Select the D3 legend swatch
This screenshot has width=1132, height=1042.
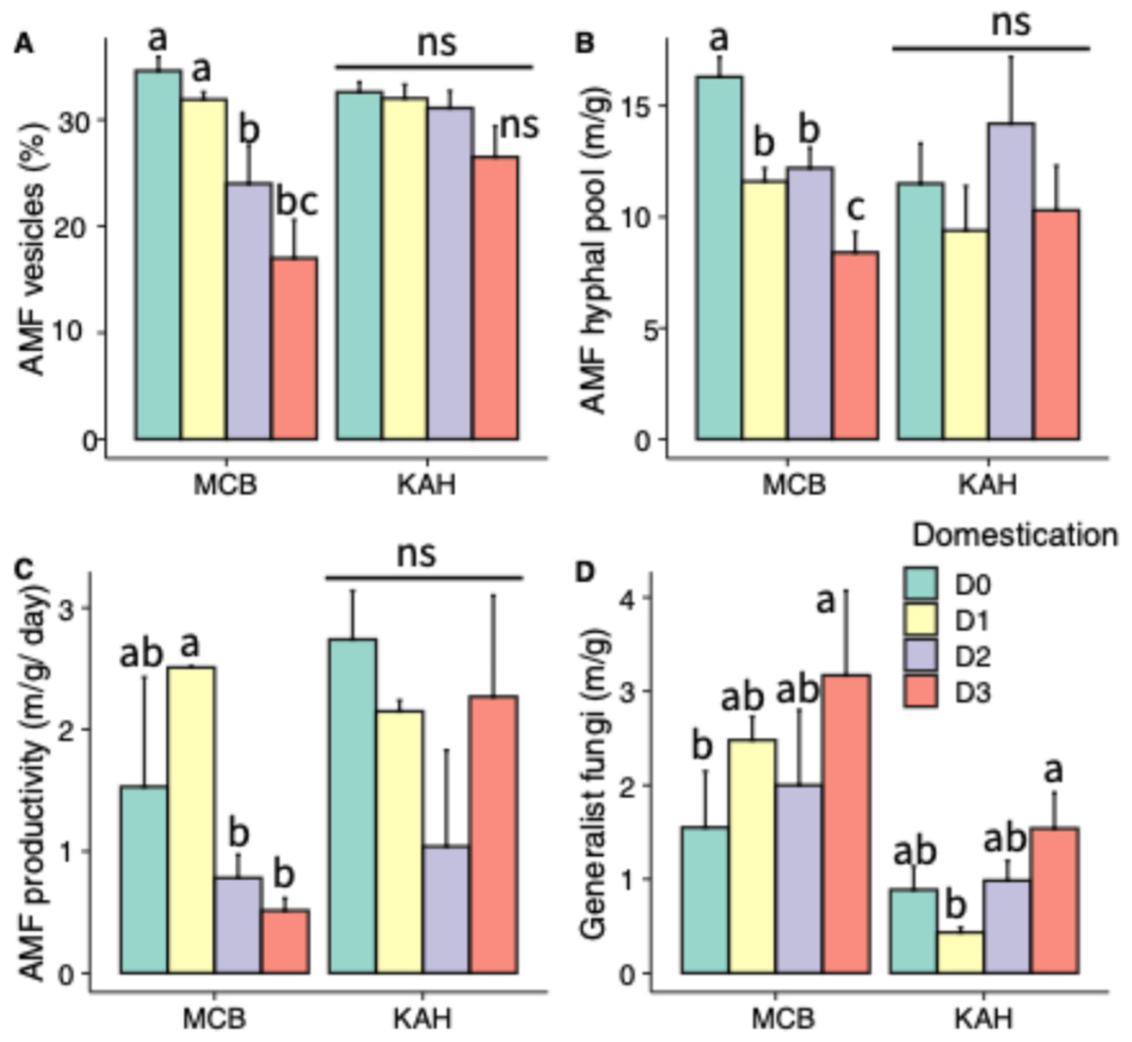pyautogui.click(x=921, y=691)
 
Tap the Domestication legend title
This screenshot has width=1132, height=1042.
pyautogui.click(x=1015, y=534)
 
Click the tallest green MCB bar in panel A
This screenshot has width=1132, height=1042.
pyautogui.click(x=159, y=254)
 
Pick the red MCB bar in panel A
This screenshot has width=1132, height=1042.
pyautogui.click(x=294, y=348)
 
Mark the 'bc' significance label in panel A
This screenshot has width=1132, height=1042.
pyautogui.click(x=297, y=202)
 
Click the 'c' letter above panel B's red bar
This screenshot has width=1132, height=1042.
pyautogui.click(x=856, y=210)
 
